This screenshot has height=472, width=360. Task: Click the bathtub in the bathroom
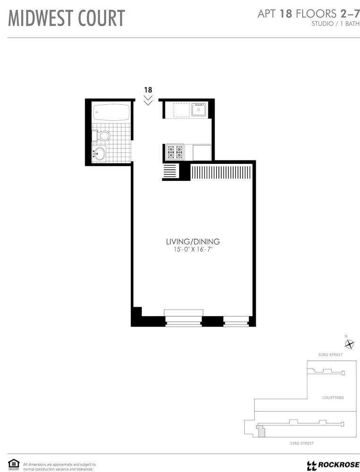click(x=111, y=112)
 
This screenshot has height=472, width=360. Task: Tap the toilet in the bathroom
click(x=103, y=136)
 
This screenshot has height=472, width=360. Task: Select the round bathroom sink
click(x=100, y=153)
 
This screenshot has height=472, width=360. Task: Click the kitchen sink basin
click(x=199, y=110)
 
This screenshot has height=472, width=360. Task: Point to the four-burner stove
click(x=175, y=152)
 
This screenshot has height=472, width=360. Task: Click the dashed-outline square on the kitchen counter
click(x=180, y=110)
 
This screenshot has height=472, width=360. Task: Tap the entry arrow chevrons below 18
click(x=148, y=100)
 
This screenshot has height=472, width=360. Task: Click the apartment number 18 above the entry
click(x=148, y=90)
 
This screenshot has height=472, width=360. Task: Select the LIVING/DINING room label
click(x=193, y=242)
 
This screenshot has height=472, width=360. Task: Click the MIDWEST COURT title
click(x=67, y=18)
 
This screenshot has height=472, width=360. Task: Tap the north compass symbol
click(x=349, y=343)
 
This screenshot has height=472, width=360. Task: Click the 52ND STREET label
click(x=330, y=354)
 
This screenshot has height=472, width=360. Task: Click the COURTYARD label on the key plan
click(x=333, y=398)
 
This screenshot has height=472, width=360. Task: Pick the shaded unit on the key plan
click(x=260, y=430)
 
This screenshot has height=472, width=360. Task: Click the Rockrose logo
click(x=333, y=465)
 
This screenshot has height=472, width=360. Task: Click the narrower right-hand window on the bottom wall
click(x=236, y=321)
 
